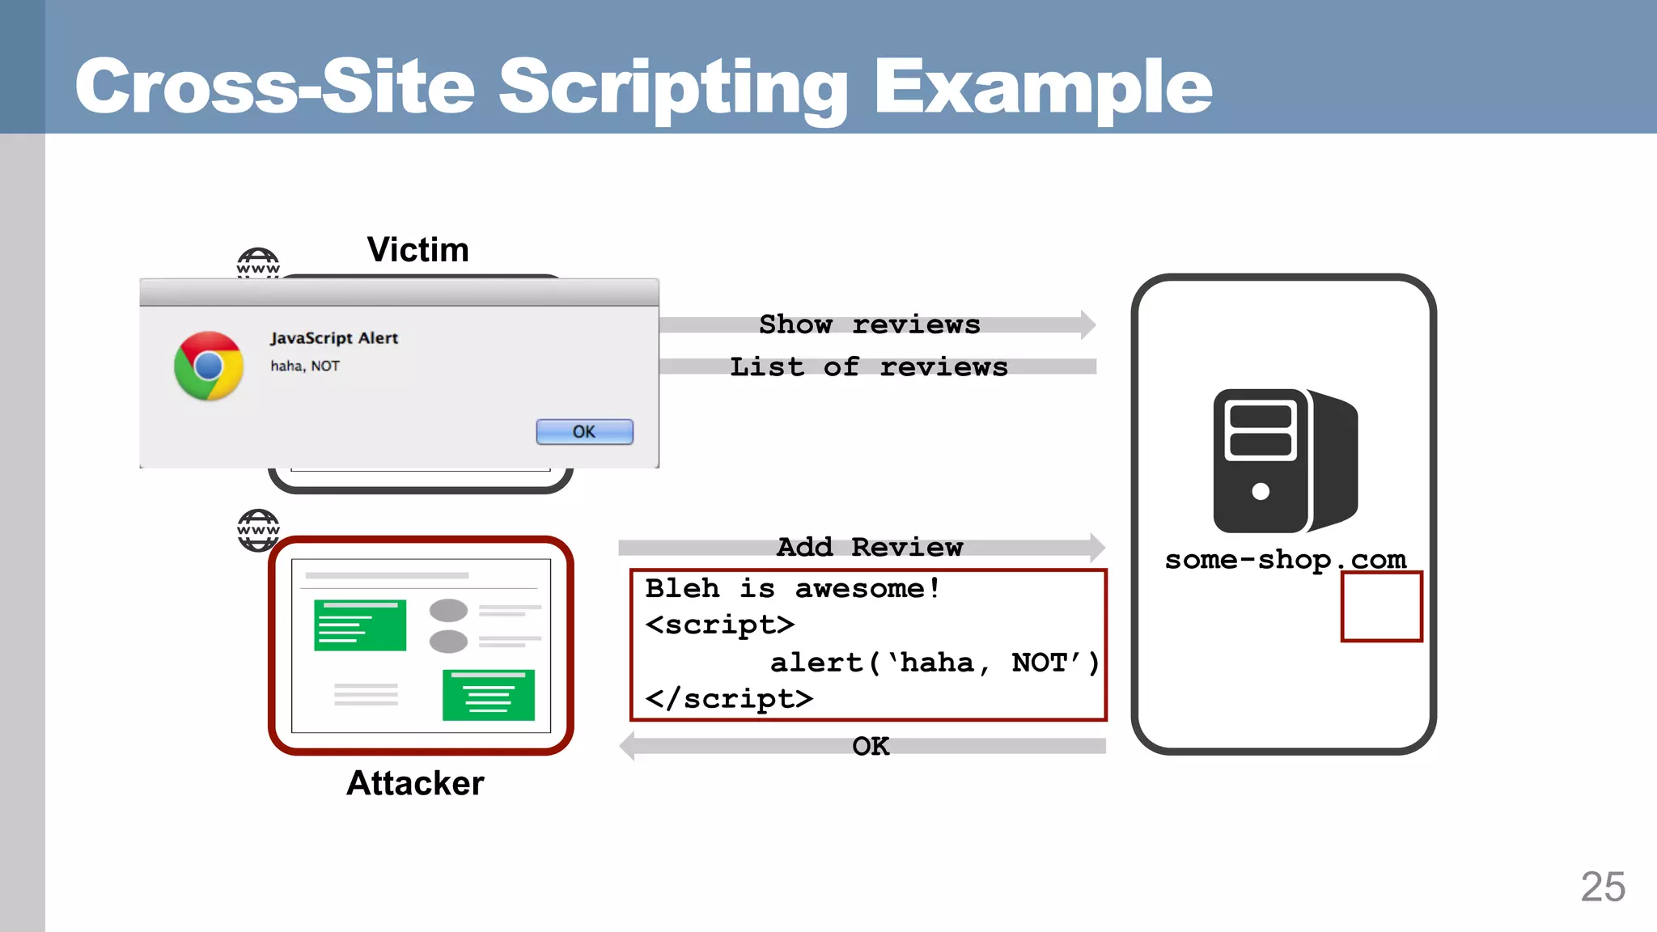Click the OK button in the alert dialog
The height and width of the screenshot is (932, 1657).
(x=584, y=432)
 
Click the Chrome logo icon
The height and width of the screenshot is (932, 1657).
(x=209, y=366)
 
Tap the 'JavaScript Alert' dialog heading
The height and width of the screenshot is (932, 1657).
(x=334, y=338)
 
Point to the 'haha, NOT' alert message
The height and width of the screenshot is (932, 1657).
(x=305, y=366)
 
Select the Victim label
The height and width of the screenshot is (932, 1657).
(x=417, y=250)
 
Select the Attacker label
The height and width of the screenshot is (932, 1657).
(x=415, y=783)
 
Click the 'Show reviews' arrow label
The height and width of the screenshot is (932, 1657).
(x=870, y=324)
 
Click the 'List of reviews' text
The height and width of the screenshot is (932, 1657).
(x=869, y=367)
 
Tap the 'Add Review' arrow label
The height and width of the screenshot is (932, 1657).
(x=870, y=548)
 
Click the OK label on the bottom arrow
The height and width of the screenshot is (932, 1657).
(x=871, y=746)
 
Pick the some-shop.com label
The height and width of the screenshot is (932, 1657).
(x=1285, y=559)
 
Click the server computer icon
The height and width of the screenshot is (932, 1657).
(x=1285, y=460)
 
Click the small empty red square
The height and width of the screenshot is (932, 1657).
(x=1381, y=607)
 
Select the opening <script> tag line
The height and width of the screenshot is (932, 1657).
(x=719, y=625)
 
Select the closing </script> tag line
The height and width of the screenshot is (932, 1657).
(x=729, y=699)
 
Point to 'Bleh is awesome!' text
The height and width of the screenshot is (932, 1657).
(x=792, y=588)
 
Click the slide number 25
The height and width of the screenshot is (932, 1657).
(x=1602, y=888)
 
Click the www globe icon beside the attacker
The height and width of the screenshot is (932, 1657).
(x=258, y=531)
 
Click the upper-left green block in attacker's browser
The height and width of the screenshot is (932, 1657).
(x=360, y=625)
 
